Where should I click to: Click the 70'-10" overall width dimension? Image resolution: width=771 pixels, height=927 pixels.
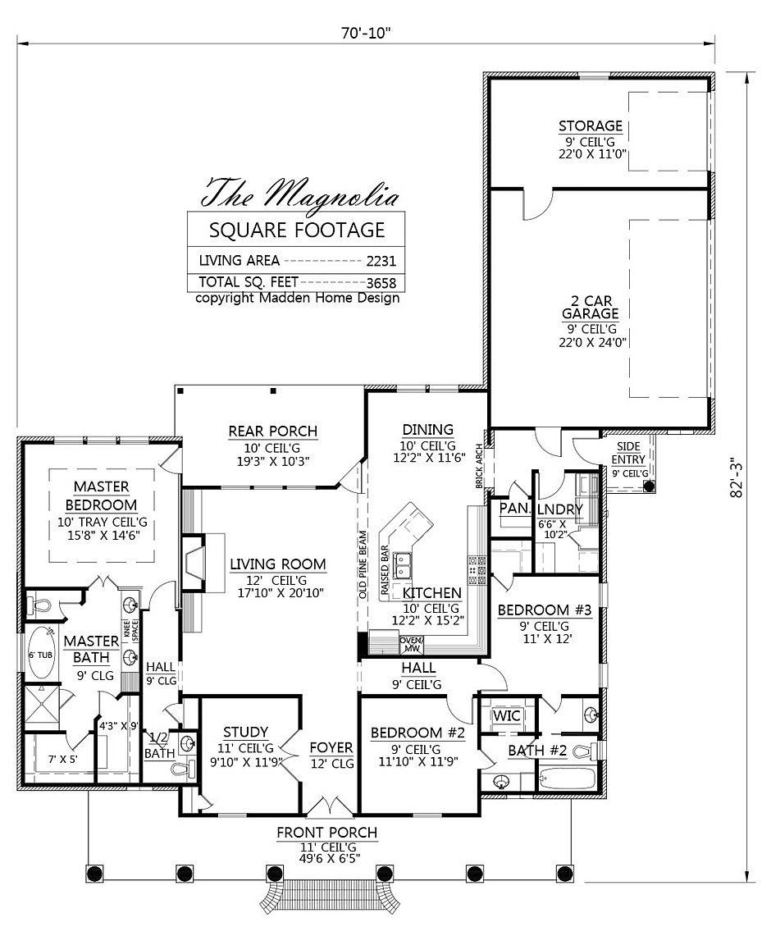366,33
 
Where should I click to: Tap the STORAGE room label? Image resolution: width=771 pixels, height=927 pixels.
591,126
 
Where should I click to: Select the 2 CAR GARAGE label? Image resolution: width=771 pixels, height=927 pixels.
590,308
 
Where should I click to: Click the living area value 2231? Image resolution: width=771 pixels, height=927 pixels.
381,262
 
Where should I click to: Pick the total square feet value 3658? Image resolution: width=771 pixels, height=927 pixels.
381,283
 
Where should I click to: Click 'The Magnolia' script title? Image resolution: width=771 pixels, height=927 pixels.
300,192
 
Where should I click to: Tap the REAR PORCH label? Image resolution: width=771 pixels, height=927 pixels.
273,431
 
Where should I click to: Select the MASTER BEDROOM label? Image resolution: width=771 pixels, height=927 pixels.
101,495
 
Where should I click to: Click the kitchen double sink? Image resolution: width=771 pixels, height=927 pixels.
404,565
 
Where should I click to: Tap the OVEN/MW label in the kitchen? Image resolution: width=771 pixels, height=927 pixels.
410,645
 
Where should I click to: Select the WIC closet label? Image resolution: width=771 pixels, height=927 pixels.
507,715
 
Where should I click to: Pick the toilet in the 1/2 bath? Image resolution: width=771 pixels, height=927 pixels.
180,769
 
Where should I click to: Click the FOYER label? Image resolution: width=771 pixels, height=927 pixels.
331,748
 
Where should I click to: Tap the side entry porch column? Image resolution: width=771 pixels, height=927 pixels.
650,486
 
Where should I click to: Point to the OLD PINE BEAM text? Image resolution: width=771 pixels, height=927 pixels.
363,565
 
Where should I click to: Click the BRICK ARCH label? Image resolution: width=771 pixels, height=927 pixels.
481,467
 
